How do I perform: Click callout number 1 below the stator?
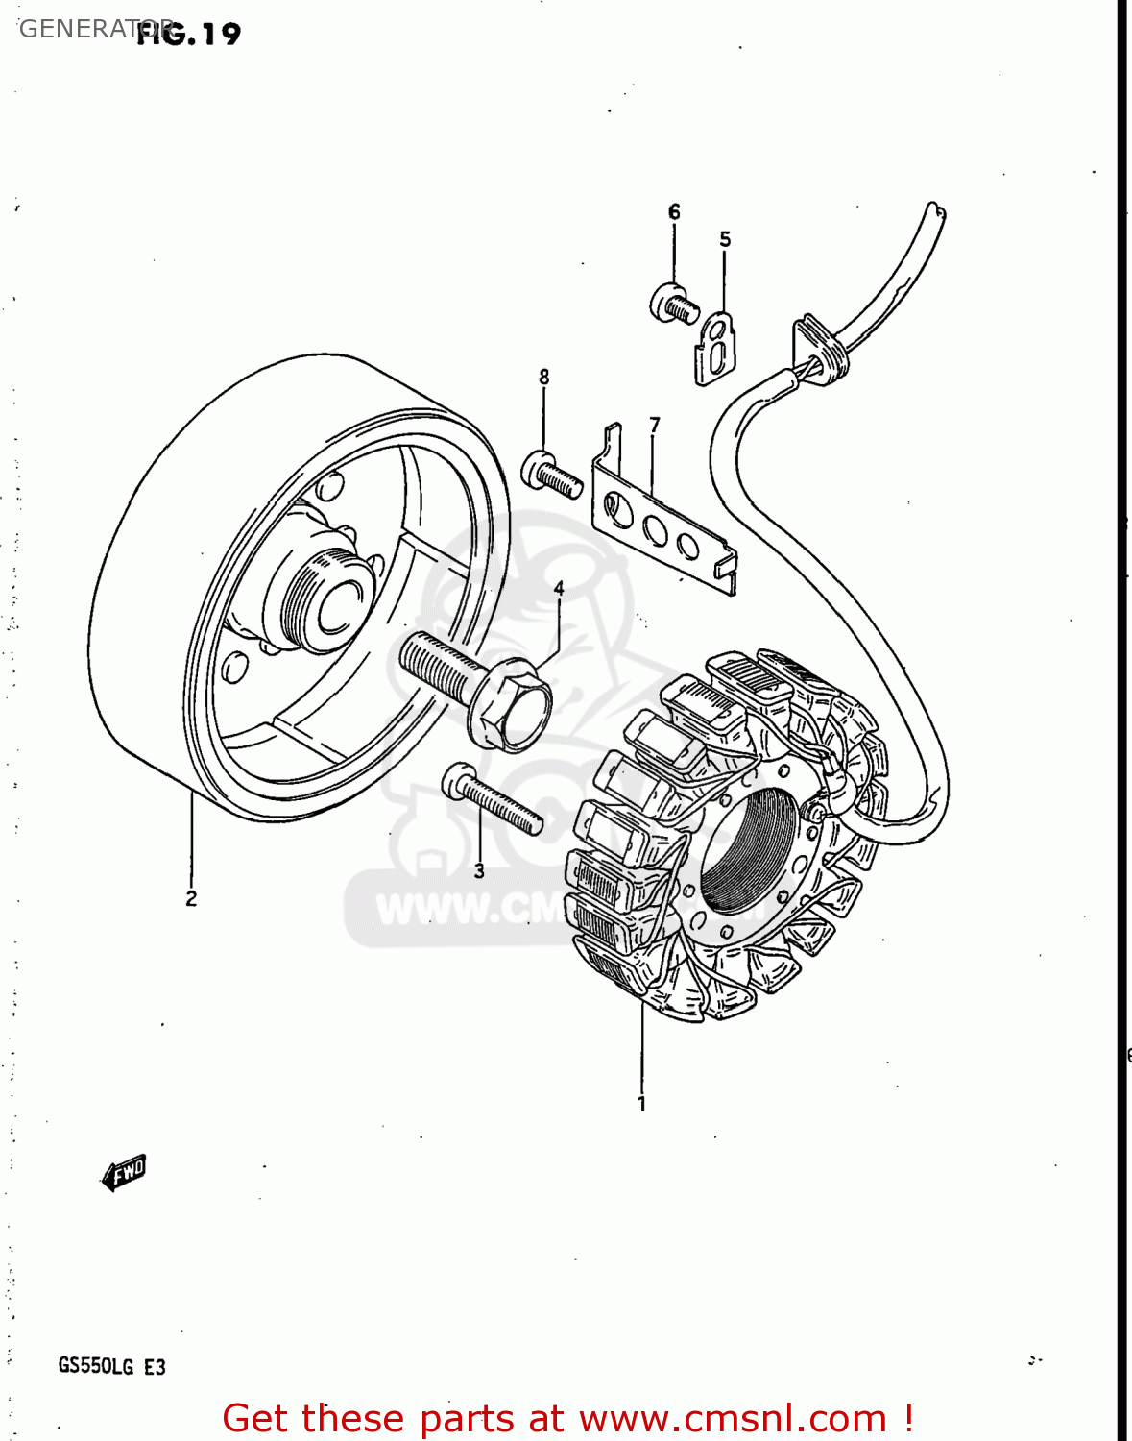[x=641, y=1104]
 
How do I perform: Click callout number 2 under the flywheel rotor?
[x=191, y=898]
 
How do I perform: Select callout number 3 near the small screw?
[x=479, y=871]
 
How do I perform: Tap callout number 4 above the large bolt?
[x=559, y=588]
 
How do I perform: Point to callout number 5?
[x=725, y=239]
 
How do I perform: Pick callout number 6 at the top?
[x=674, y=211]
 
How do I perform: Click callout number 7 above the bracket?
[x=655, y=425]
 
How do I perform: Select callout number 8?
[x=544, y=377]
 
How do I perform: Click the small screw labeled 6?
[x=673, y=305]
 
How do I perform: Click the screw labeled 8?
[x=552, y=474]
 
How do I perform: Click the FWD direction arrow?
[x=124, y=1172]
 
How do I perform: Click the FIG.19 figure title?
[x=188, y=34]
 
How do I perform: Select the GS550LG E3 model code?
[x=111, y=1366]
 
